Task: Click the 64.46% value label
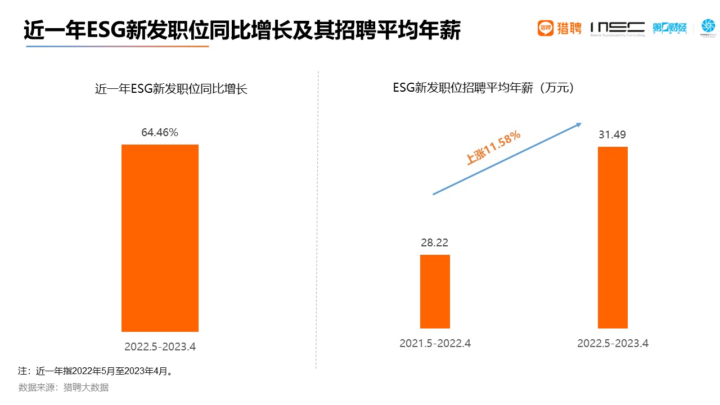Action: point(160,133)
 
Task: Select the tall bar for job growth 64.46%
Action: point(160,238)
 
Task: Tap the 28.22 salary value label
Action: point(435,242)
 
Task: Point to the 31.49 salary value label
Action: point(613,134)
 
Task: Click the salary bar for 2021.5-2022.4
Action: point(435,291)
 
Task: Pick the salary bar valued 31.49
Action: point(613,237)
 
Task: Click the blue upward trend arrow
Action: point(506,159)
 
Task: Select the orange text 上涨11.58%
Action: point(493,147)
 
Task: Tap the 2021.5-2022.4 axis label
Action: point(435,343)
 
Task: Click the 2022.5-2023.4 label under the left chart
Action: point(160,346)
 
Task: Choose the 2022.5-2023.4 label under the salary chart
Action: point(613,343)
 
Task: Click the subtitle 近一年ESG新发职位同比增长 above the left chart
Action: point(171,89)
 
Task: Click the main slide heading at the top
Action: point(242,30)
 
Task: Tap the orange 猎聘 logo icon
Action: point(546,28)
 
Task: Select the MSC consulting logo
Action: point(617,28)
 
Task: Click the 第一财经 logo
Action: point(670,28)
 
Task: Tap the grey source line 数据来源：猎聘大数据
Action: point(64,387)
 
